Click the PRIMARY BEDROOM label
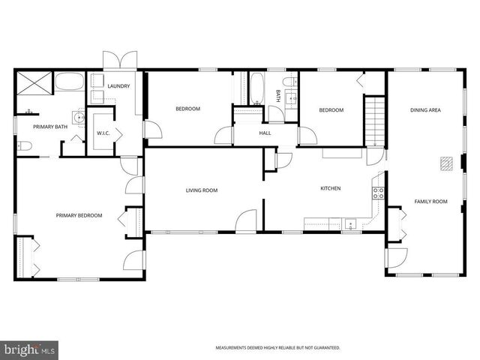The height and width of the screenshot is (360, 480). (79, 215)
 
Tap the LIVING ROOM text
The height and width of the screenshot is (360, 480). (202, 190)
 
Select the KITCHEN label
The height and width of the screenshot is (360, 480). (331, 188)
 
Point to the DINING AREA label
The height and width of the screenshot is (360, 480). (425, 110)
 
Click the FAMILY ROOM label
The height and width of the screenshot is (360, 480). (430, 201)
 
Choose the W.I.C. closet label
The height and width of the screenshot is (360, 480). (103, 133)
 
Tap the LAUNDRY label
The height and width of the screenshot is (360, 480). (118, 86)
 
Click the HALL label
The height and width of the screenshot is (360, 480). (265, 133)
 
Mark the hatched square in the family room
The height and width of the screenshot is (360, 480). (446, 163)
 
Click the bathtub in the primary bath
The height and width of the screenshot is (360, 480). (70, 82)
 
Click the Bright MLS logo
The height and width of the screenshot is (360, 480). (30, 349)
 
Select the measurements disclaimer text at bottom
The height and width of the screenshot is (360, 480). (277, 348)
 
